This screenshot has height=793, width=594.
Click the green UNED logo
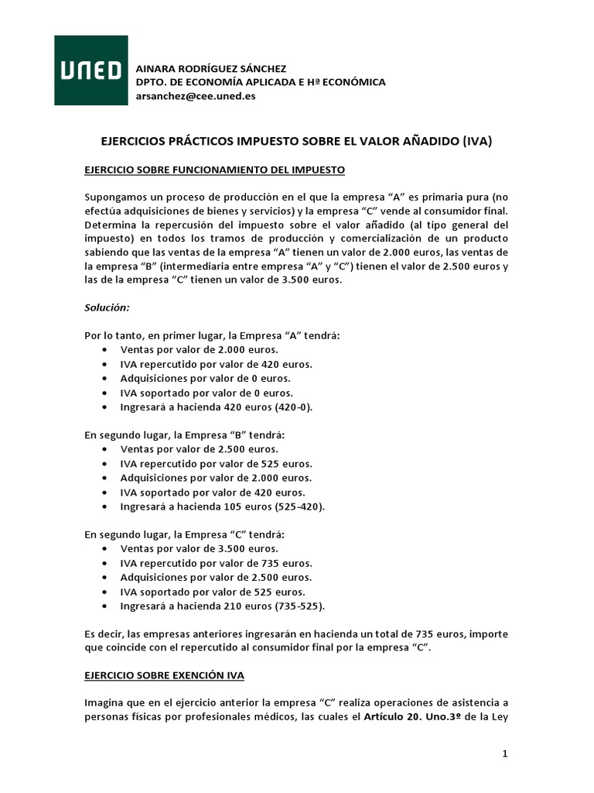tap(90, 70)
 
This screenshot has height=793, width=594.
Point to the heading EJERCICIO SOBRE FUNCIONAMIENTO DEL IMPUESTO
tap(214, 169)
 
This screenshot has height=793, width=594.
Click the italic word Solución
tap(107, 307)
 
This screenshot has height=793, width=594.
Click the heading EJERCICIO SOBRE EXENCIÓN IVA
tap(164, 675)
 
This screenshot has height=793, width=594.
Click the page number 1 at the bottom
tap(504, 754)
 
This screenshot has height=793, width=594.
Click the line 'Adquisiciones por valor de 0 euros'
tap(206, 378)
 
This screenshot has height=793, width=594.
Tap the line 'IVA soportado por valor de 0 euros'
tap(206, 393)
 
